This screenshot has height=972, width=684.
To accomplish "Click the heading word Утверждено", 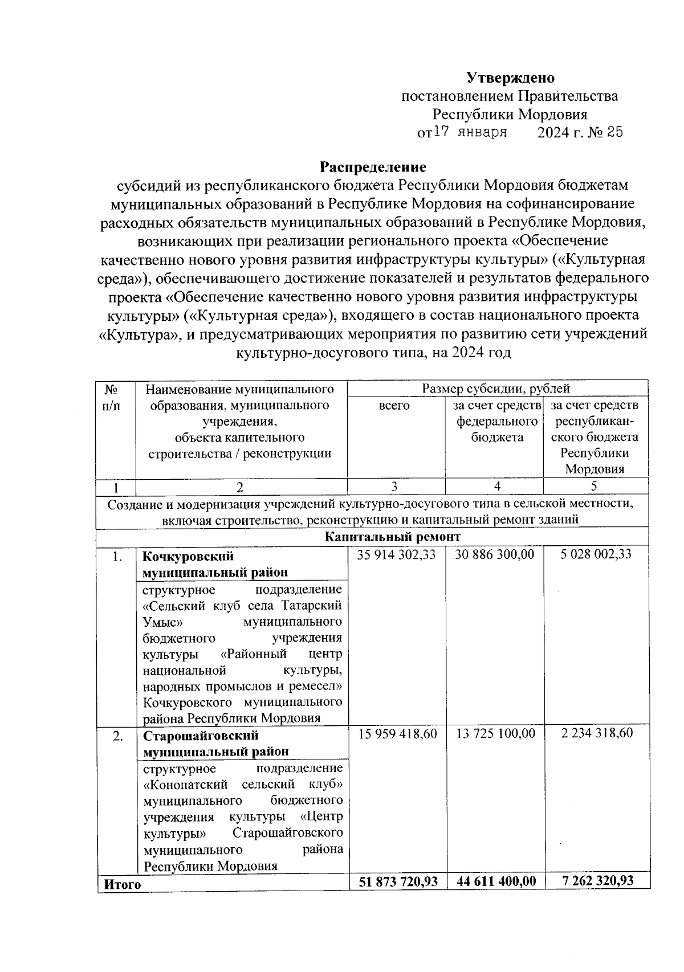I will click(x=510, y=77).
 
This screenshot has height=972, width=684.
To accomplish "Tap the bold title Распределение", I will click(x=373, y=167).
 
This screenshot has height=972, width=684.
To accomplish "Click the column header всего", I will click(x=394, y=405).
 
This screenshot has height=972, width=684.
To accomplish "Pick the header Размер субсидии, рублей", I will click(x=496, y=389).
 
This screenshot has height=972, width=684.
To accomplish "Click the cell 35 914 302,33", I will click(x=397, y=554).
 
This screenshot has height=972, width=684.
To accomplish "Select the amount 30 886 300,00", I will click(x=495, y=554).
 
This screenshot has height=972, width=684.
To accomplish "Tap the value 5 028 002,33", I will click(x=596, y=554).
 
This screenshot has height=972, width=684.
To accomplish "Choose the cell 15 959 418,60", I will click(x=397, y=733).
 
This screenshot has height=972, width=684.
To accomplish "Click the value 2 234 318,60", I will click(x=597, y=733).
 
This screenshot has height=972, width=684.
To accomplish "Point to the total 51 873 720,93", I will click(x=398, y=881).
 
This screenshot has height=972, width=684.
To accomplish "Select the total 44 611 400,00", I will click(x=496, y=881).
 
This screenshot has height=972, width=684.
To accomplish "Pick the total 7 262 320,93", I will click(x=597, y=881).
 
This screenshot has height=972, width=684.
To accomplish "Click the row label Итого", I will click(x=121, y=884).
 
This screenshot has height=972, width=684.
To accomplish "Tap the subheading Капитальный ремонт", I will click(x=392, y=537).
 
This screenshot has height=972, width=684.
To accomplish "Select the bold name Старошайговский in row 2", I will click(x=200, y=736).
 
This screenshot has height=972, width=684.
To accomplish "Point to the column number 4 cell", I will click(x=497, y=486).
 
